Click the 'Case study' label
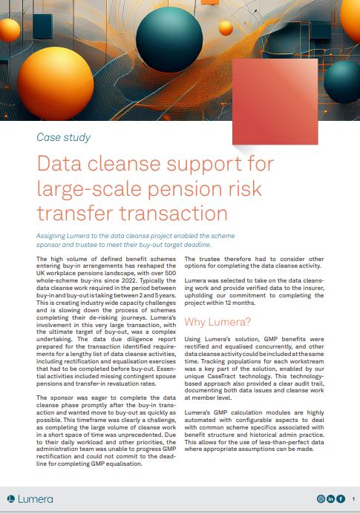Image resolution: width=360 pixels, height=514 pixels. [x=63, y=137]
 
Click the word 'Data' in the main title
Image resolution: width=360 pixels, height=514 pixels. [x=61, y=164]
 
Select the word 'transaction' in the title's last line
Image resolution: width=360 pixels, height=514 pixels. [x=170, y=213]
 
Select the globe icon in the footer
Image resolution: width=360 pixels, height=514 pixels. [x=321, y=499]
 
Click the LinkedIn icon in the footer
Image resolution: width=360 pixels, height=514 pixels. [x=330, y=499]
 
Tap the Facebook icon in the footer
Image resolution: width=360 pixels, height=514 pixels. [x=340, y=499]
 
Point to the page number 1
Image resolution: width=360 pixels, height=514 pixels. [x=354, y=499]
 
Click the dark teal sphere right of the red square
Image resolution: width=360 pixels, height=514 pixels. [x=341, y=81]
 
